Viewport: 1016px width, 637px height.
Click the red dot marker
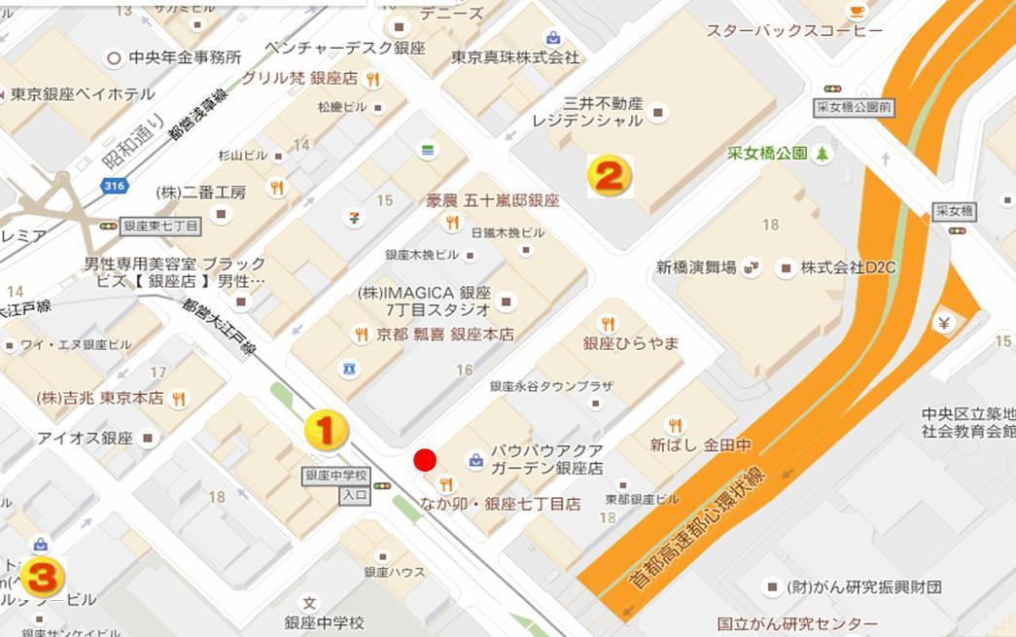425,460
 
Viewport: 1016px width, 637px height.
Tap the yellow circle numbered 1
327,429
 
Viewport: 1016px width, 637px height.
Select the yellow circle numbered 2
610,176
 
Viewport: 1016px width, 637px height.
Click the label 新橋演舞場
696,267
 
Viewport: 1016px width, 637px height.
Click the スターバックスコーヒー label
794,31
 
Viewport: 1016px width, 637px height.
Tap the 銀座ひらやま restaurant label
630,343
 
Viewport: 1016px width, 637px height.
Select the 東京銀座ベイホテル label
83,94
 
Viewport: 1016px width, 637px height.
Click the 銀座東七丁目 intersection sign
161,226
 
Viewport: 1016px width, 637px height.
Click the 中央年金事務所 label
186,57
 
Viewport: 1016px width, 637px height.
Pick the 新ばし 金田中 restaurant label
700,445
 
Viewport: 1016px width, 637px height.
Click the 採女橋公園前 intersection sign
855,108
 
